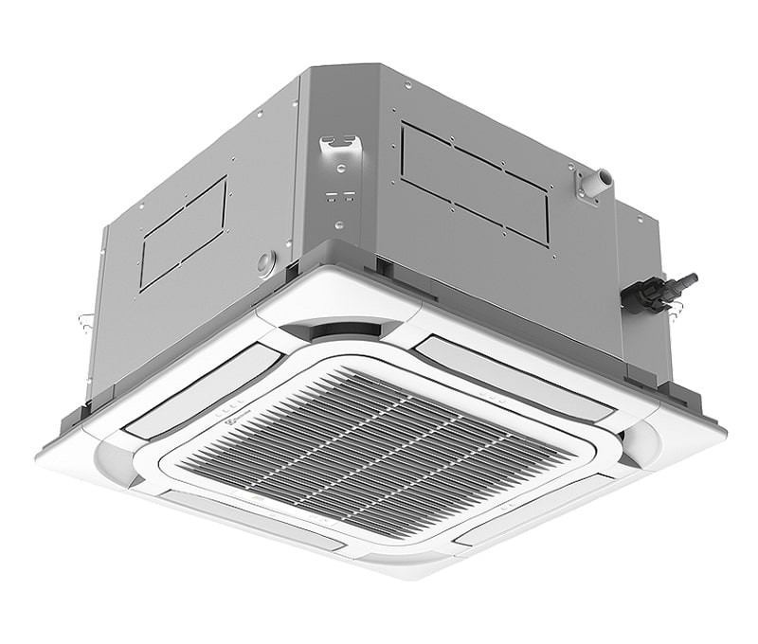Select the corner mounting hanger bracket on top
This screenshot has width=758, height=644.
(341, 148)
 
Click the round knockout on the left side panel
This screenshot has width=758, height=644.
(266, 262)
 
